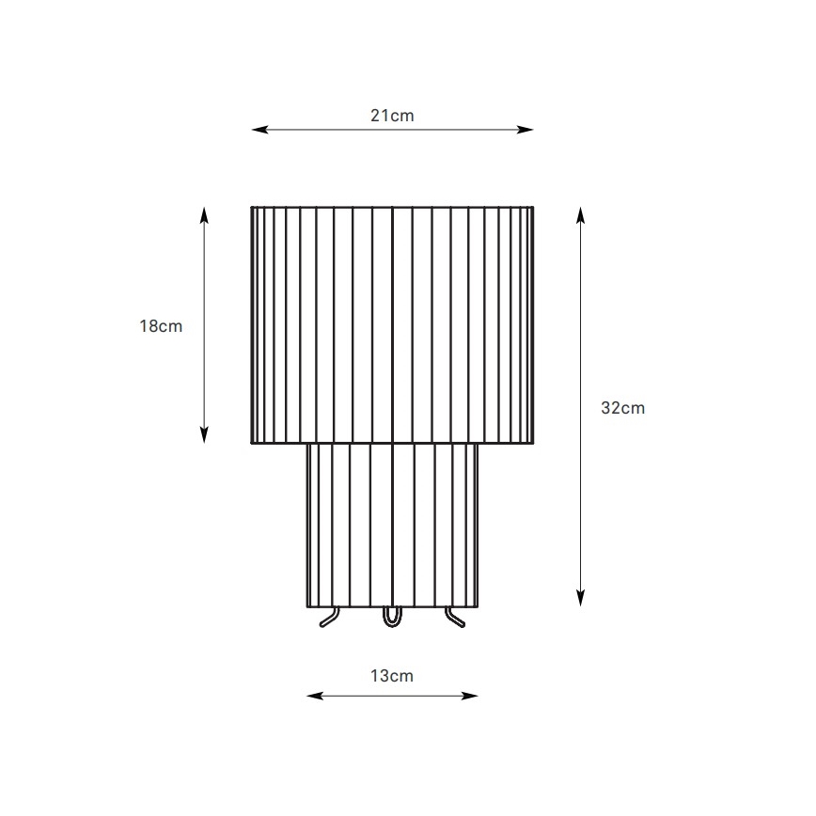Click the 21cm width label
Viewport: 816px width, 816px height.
[392, 116]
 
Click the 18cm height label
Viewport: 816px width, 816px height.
[161, 327]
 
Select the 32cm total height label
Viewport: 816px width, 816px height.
[622, 408]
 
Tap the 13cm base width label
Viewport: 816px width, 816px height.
[392, 676]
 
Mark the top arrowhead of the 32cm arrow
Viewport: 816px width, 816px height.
[581, 213]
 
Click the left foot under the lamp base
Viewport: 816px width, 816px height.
[329, 618]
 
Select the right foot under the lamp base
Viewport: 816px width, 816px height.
[455, 618]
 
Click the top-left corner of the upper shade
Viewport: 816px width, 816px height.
[251, 207]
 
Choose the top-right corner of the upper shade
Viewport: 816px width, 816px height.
[534, 207]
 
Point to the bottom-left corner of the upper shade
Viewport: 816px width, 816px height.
[251, 443]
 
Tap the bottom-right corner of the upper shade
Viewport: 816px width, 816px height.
[534, 443]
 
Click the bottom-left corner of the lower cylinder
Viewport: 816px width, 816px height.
[306, 607]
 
